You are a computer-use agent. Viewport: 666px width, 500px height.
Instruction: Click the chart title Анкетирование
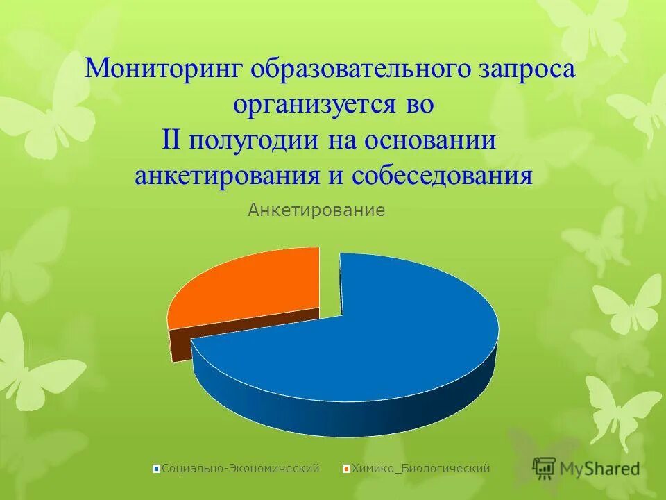(316, 210)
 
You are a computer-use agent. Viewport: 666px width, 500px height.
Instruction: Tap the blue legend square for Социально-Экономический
(157, 469)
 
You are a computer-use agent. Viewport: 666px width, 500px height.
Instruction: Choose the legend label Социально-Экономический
(240, 469)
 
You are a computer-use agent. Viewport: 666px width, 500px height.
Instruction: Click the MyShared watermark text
(600, 469)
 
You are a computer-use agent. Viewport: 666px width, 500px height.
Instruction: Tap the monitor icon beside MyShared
(545, 467)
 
